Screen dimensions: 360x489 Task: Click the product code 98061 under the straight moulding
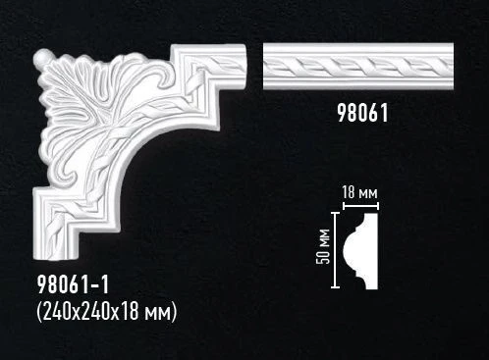tap(355, 113)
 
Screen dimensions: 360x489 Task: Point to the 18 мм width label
tap(360, 192)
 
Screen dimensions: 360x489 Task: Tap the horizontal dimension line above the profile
tap(360, 205)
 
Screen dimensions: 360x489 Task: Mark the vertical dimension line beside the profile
tap(337, 249)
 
